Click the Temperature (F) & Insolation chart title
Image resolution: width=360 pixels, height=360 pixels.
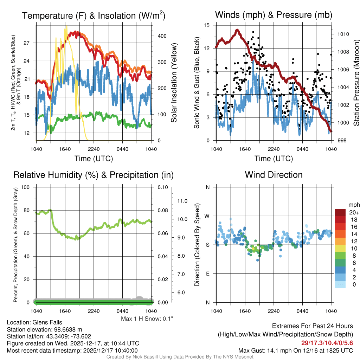click(x=94, y=16)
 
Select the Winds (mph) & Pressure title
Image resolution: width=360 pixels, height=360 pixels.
click(x=274, y=15)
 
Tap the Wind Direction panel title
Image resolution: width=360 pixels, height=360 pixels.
click(x=274, y=175)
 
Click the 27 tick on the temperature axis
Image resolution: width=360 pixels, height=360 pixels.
click(x=30, y=43)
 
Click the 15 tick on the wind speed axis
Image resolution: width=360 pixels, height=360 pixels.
click(x=207, y=25)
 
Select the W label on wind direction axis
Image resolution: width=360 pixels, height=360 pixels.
click(x=208, y=216)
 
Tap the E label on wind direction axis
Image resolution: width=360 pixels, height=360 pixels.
click(x=208, y=274)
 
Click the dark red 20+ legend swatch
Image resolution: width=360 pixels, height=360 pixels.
click(x=341, y=212)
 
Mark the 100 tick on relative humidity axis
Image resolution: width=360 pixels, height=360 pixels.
click(x=26, y=187)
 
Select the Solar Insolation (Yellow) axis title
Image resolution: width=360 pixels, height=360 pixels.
click(x=174, y=83)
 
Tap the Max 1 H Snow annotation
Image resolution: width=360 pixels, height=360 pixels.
click(x=147, y=319)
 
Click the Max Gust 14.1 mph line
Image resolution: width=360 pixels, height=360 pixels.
click(x=296, y=351)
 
